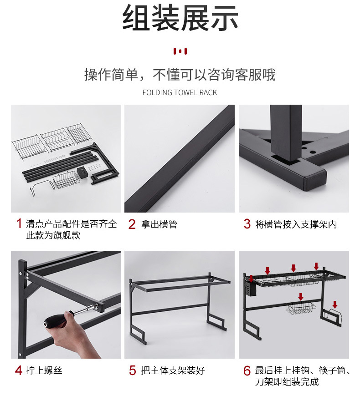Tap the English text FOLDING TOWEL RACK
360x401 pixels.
pyautogui.click(x=180, y=92)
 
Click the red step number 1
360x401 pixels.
pyautogui.click(x=19, y=224)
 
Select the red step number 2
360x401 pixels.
pyautogui.click(x=132, y=224)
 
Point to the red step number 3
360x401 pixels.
pyautogui.click(x=247, y=224)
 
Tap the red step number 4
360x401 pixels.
pyautogui.click(x=19, y=370)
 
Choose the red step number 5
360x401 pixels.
pyautogui.click(x=132, y=370)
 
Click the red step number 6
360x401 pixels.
pyautogui.click(x=247, y=371)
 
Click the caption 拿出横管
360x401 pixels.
pyautogui.click(x=159, y=224)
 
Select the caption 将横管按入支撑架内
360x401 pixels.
pyautogui.click(x=296, y=224)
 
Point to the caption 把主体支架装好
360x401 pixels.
pyautogui.click(x=173, y=370)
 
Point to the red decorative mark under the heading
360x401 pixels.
pyautogui.click(x=180, y=51)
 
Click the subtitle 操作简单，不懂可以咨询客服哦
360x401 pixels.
pyautogui.click(x=180, y=74)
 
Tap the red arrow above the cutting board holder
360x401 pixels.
pyautogui.click(x=335, y=304)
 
